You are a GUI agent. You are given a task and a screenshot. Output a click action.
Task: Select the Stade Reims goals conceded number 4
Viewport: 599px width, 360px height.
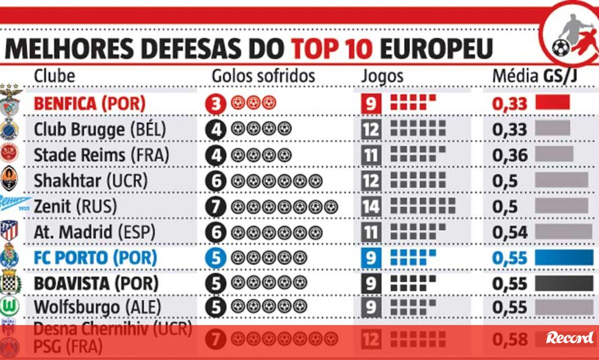click(216, 155)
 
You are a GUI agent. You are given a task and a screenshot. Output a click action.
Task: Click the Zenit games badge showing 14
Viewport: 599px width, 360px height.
click(371, 206)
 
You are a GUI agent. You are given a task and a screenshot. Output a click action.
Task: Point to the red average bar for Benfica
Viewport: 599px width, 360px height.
click(553, 102)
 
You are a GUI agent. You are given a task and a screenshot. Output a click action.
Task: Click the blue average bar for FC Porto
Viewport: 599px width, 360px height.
click(563, 258)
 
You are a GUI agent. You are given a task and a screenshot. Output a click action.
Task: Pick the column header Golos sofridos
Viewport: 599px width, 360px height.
click(264, 76)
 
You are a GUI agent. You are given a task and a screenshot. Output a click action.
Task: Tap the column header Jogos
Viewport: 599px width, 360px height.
click(382, 76)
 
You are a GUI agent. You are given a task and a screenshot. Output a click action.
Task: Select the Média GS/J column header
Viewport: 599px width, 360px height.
click(538, 76)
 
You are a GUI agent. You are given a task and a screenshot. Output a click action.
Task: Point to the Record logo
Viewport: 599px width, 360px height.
click(570, 338)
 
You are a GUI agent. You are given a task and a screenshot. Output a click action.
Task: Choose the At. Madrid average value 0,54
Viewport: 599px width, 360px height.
click(510, 232)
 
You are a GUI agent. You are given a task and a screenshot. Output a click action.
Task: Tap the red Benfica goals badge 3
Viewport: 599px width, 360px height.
click(216, 104)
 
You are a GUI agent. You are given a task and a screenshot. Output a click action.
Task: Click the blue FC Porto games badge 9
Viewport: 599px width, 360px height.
click(371, 258)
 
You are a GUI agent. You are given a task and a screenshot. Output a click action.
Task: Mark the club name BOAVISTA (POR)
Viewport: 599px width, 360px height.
click(96, 284)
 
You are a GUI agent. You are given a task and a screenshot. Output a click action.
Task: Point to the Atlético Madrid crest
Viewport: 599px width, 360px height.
click(8, 231)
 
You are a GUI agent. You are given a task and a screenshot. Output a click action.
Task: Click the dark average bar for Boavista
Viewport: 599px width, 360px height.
click(563, 284)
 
